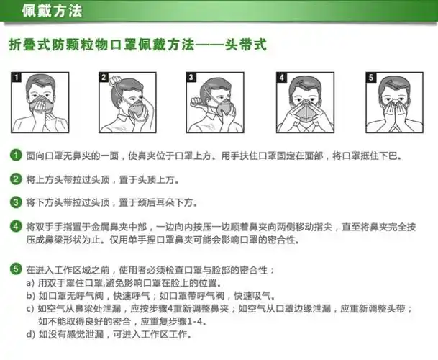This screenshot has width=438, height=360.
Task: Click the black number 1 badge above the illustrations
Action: tap(17, 76)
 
